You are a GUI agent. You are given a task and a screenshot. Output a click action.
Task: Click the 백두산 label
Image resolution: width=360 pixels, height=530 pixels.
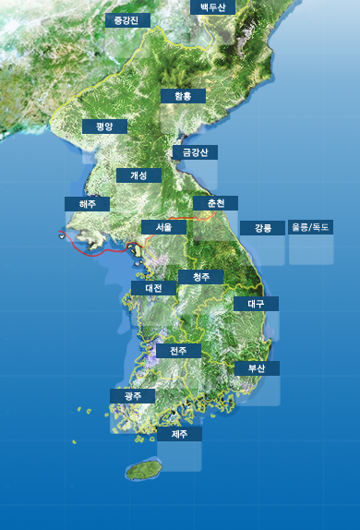point(212,7)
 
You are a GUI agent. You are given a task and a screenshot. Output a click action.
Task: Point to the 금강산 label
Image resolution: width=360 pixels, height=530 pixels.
point(195,152)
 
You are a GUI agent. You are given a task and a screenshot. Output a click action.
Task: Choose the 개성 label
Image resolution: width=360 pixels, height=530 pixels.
point(138,175)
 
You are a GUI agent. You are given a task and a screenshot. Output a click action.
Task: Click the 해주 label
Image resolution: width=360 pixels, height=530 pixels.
point(87,203)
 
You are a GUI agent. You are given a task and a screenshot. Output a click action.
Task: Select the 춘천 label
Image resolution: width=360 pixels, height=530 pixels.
point(216,203)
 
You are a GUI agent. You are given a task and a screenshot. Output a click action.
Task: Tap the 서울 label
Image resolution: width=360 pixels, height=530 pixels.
point(164,226)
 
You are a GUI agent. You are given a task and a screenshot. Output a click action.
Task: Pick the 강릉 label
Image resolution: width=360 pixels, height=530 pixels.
point(263,227)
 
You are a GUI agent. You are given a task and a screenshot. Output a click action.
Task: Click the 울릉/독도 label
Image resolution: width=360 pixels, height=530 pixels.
point(311,226)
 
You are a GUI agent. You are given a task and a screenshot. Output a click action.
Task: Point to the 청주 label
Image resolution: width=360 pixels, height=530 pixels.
point(200,277)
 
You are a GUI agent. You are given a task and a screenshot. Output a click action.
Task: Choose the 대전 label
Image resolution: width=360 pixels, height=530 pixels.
point(153,288)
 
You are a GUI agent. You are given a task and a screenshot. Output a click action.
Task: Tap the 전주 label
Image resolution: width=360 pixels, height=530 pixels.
point(178,351)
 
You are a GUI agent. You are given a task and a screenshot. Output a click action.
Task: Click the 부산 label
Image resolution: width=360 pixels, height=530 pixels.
point(257,367)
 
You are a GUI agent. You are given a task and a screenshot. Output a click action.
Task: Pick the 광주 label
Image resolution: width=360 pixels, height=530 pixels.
point(133,395)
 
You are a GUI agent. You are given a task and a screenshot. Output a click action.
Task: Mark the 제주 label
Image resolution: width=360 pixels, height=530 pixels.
point(179,432)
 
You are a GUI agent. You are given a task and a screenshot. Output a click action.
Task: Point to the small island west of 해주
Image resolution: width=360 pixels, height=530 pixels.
point(63,235)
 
